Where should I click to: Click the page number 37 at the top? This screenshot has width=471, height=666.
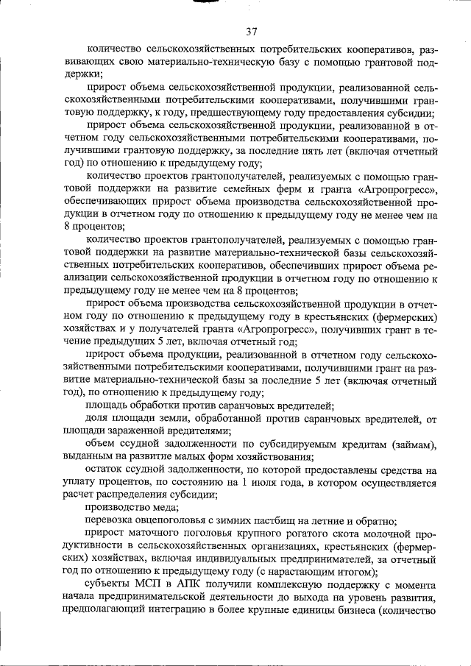pyautogui.click(x=251, y=31)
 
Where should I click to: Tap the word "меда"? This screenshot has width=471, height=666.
pyautogui.click(x=163, y=507)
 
